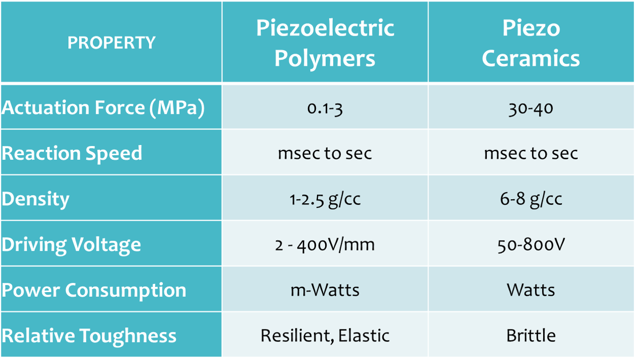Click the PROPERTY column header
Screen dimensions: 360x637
pyautogui.click(x=111, y=43)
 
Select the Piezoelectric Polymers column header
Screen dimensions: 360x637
pyautogui.click(x=325, y=43)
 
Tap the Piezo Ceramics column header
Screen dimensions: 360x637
pyautogui.click(x=531, y=43)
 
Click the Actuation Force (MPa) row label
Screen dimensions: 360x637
pyautogui.click(x=103, y=108)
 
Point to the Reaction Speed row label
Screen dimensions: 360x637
pyautogui.click(x=72, y=153)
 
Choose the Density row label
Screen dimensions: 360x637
pyautogui.click(x=36, y=199)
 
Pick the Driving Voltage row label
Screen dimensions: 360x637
pyautogui.click(x=71, y=245)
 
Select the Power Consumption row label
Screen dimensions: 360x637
pyautogui.click(x=94, y=290)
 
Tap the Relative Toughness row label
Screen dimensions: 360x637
pyautogui.click(x=89, y=335)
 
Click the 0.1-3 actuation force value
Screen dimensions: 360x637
pyautogui.click(x=325, y=108)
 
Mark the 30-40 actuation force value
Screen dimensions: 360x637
pyautogui.click(x=531, y=108)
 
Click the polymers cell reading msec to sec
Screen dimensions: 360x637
pyautogui.click(x=325, y=153)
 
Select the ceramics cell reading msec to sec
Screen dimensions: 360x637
pyautogui.click(x=531, y=153)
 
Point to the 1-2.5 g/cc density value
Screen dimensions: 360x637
pyautogui.click(x=325, y=199)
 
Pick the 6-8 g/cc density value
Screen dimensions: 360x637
pyautogui.click(x=531, y=199)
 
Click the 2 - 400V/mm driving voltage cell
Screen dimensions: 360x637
pyautogui.click(x=325, y=245)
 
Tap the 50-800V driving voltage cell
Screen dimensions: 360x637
pyautogui.click(x=531, y=245)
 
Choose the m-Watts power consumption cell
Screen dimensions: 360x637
pyautogui.click(x=325, y=290)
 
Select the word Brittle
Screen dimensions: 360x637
pyautogui.click(x=531, y=335)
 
